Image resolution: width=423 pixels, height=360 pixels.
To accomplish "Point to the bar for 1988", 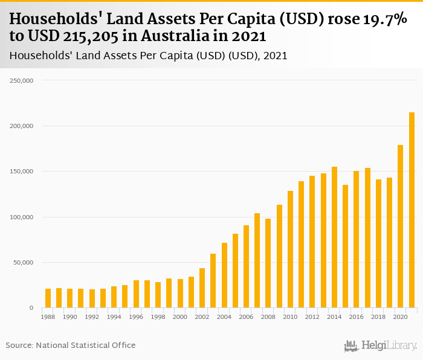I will pyautogui.click(x=48, y=298).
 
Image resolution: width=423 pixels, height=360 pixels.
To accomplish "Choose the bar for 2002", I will pyautogui.click(x=202, y=288).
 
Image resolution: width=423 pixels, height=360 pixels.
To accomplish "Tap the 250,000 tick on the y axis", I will pyautogui.click(x=24, y=80).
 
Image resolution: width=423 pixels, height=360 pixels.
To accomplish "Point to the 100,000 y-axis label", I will pyautogui.click(x=24, y=217).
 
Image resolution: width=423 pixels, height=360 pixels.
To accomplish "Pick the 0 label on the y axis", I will pyautogui.click(x=31, y=308).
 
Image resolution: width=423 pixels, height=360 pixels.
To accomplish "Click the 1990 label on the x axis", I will pyautogui.click(x=69, y=317).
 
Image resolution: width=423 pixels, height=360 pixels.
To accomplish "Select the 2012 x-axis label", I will pyautogui.click(x=312, y=317).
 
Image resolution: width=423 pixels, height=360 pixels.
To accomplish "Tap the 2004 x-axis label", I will pyautogui.click(x=224, y=317).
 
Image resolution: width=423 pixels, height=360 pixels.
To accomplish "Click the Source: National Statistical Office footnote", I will pyautogui.click(x=71, y=346).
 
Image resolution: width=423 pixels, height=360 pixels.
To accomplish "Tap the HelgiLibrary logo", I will pyautogui.click(x=380, y=346).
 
